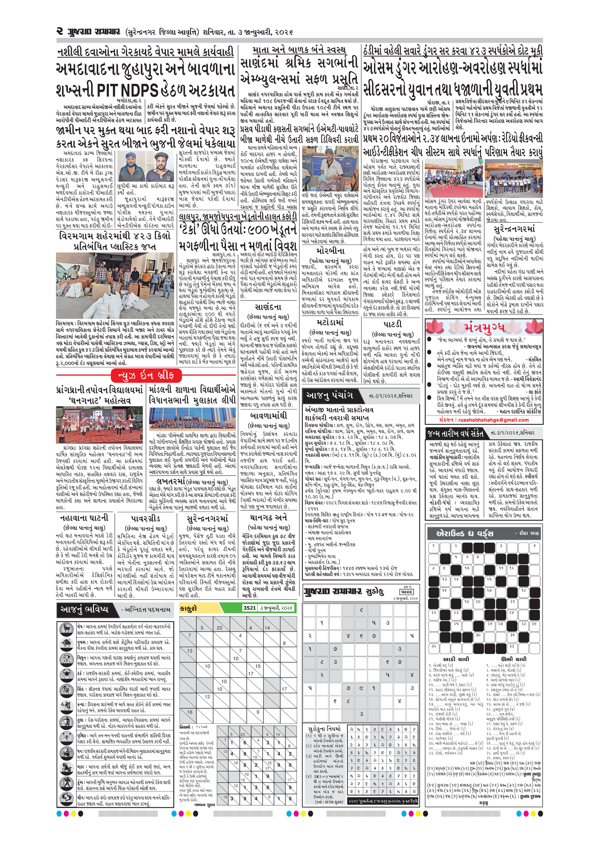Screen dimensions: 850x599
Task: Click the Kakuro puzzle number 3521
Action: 249,607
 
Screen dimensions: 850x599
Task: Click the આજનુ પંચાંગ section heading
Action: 329,395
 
